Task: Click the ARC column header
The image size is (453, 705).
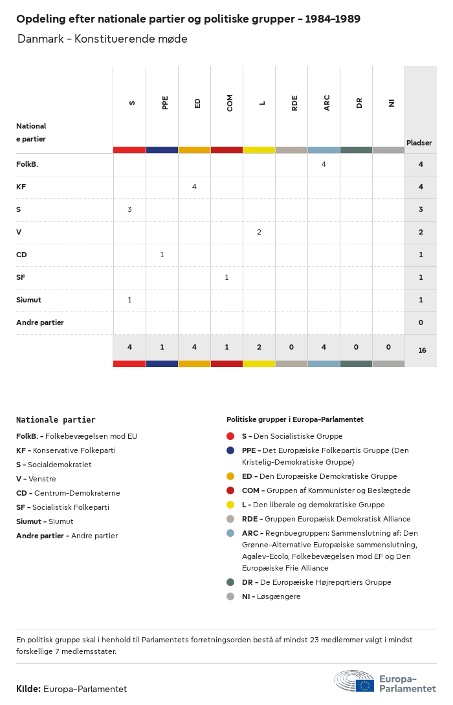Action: coord(327,103)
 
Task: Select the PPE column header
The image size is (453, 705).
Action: coord(165,103)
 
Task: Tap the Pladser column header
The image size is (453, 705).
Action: coord(419,143)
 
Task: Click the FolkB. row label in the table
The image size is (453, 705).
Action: coord(27,164)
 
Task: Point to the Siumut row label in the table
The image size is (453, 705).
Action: coord(28,300)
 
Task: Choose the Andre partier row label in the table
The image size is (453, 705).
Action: coord(40,322)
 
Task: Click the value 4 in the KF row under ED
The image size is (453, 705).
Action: coord(194,187)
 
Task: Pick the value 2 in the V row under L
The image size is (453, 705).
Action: coord(259,232)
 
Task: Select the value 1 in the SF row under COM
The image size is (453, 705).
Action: coord(226,277)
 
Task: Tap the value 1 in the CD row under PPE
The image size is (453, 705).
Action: coord(162,255)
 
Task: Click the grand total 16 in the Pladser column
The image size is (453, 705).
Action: coord(422,350)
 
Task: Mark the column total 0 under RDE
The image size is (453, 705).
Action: coord(291,347)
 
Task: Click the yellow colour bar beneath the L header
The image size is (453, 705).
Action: coord(259,150)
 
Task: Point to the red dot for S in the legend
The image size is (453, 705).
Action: coord(230,436)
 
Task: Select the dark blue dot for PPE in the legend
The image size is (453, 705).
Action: coord(230,450)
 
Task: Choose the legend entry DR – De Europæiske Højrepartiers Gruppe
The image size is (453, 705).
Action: coord(316,582)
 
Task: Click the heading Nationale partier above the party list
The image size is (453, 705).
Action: coord(56,420)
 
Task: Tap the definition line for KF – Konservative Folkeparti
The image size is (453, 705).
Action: coord(66,450)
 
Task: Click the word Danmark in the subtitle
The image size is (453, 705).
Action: coord(40,39)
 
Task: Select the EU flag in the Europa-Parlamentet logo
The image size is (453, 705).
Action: coord(364,686)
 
